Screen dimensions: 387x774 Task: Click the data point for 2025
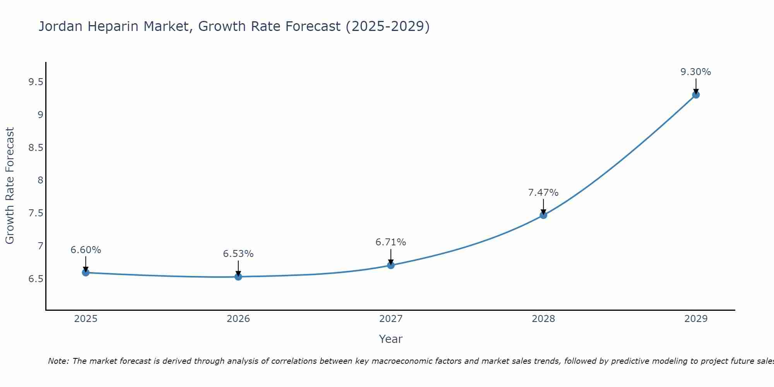[86, 272]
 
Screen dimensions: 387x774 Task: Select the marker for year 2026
[238, 277]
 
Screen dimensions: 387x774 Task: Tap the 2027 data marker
[390, 265]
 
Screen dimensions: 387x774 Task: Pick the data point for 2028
[543, 215]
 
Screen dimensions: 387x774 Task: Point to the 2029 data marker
[695, 94]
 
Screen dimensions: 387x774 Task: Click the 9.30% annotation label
[695, 72]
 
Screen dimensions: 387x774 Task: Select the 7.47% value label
[543, 193]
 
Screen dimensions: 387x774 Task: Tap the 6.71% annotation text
[390, 242]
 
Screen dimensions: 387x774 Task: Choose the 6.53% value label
[238, 254]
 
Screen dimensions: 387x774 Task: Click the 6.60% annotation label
[86, 250]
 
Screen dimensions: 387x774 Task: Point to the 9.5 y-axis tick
[36, 82]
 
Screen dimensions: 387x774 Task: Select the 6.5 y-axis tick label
[36, 279]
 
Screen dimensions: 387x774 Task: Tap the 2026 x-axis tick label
[238, 319]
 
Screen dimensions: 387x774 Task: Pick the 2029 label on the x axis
[695, 319]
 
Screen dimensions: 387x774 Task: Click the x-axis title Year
[390, 339]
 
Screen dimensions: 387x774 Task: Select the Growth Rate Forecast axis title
[10, 186]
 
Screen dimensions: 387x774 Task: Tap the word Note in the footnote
[58, 361]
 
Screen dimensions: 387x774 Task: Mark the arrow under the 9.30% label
[695, 86]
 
